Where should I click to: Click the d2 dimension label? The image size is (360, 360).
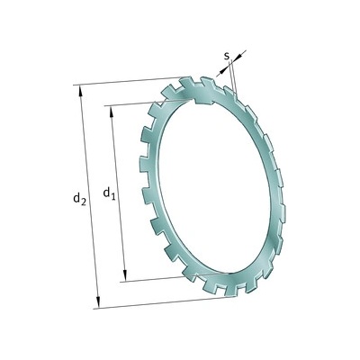coord(80,199)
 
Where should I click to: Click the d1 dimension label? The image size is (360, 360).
coord(109,193)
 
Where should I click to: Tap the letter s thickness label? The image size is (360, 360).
coord(227,56)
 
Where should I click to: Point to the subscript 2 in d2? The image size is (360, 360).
coord(84,202)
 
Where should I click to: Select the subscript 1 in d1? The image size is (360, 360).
coord(113,196)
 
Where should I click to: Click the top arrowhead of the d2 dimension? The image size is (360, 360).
coord(80,91)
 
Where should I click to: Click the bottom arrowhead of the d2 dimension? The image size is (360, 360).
coord(98,302)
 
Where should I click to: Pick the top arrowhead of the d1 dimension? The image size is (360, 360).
coord(112,111)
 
